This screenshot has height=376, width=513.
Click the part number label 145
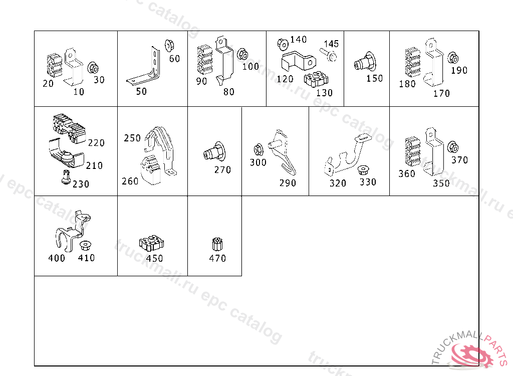[331, 44]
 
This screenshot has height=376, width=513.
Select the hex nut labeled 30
[93, 68]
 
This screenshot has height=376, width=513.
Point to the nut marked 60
[169, 46]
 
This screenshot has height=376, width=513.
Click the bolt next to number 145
[329, 55]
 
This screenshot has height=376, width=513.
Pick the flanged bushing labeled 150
[365, 62]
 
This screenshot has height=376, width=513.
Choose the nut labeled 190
[453, 58]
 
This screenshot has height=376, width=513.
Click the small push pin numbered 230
[66, 177]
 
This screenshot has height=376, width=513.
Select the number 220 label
[96, 143]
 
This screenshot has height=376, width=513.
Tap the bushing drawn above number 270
[214, 151]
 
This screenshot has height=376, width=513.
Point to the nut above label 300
[259, 149]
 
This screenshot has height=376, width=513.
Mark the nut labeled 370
[453, 147]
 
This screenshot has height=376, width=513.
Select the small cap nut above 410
[85, 245]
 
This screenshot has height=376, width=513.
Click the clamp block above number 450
[151, 243]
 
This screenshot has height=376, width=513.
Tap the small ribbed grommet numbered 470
[217, 244]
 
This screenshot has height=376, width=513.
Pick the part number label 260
[130, 181]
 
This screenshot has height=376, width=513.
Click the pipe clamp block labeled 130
[316, 80]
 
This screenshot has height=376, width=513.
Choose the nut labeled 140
[283, 45]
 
